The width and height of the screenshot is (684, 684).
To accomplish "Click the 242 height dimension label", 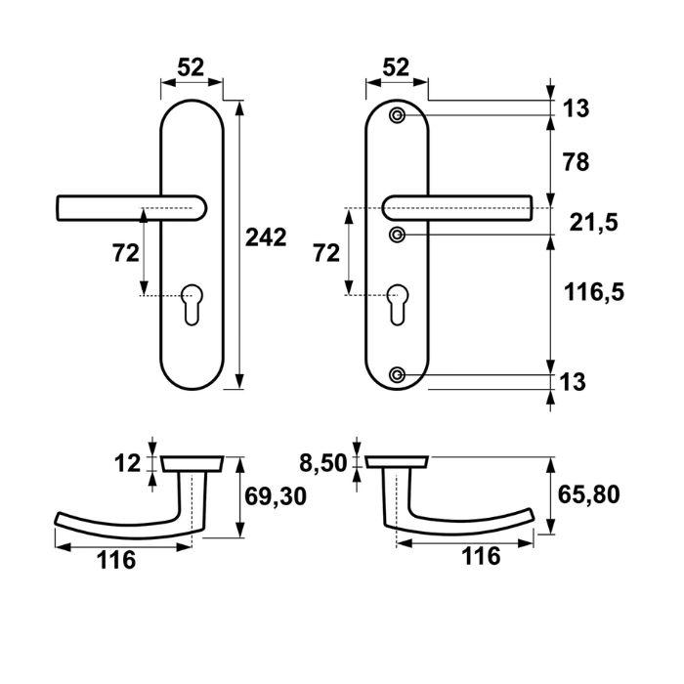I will point(265,237).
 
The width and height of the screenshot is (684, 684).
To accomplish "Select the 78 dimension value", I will point(576,162).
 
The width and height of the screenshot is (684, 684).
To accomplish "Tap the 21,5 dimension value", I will point(591,223).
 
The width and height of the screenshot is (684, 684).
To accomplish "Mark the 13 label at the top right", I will point(576,107).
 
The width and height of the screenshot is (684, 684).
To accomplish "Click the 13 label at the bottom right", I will point(576,382).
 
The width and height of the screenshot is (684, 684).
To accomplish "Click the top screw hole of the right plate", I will point(397,116).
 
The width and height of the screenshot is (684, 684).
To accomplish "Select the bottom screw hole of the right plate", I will point(397,375).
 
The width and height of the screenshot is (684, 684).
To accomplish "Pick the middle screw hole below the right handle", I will point(397,235).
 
